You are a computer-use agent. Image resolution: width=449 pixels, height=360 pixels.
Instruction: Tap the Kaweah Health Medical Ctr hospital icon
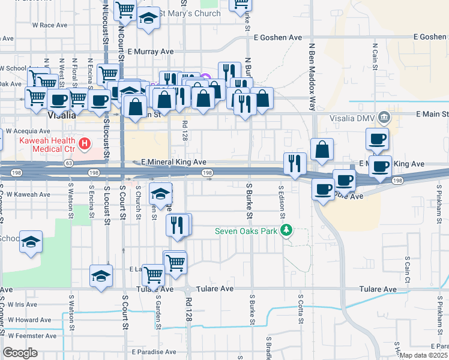pos(85,143)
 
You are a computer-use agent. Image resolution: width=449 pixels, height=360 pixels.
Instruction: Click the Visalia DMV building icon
pos(385,117)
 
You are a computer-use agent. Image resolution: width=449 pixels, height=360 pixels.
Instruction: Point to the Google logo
pos(20,353)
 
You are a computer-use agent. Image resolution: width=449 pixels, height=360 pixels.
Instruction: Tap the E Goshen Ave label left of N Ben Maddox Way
pos(277,37)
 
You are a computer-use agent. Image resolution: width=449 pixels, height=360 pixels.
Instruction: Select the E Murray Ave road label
pos(150,52)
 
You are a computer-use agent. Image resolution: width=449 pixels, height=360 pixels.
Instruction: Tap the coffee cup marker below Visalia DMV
pos(377,139)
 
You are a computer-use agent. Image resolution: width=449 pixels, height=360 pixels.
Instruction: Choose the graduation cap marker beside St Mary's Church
pos(148,19)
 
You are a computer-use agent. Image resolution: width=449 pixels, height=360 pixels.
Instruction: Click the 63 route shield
pos(69,163)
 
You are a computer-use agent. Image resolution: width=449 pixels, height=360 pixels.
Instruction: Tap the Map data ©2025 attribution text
pos(424,355)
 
